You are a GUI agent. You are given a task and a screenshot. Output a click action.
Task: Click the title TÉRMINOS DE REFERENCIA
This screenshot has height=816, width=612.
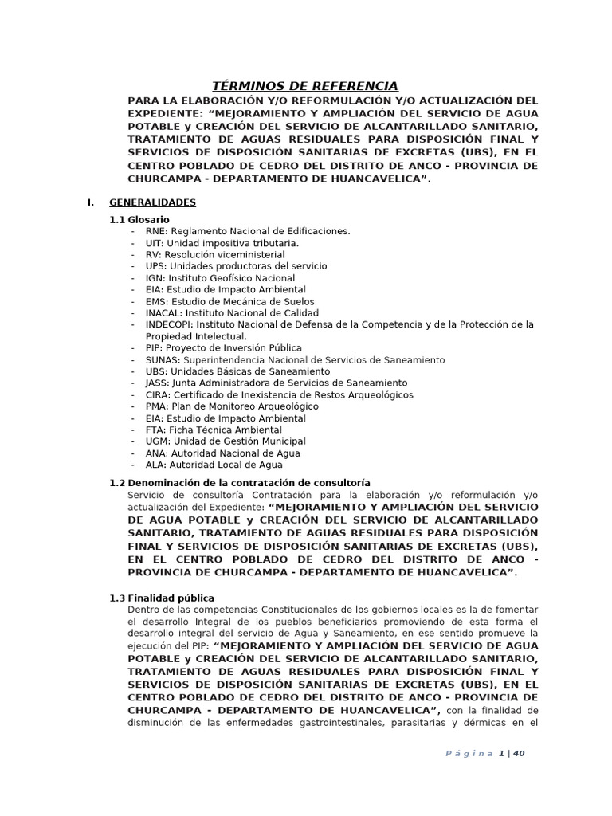[x=304, y=86]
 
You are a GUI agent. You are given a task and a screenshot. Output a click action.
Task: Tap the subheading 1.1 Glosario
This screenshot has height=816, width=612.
[x=139, y=219]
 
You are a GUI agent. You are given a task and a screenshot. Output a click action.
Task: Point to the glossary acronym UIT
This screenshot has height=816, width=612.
[x=155, y=243]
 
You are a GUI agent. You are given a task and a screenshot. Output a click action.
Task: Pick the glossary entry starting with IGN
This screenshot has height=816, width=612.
[x=155, y=278]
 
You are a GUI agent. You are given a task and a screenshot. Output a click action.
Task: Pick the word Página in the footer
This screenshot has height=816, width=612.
[x=469, y=754]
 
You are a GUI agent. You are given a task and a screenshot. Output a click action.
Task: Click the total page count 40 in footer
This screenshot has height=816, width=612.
[x=518, y=754]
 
